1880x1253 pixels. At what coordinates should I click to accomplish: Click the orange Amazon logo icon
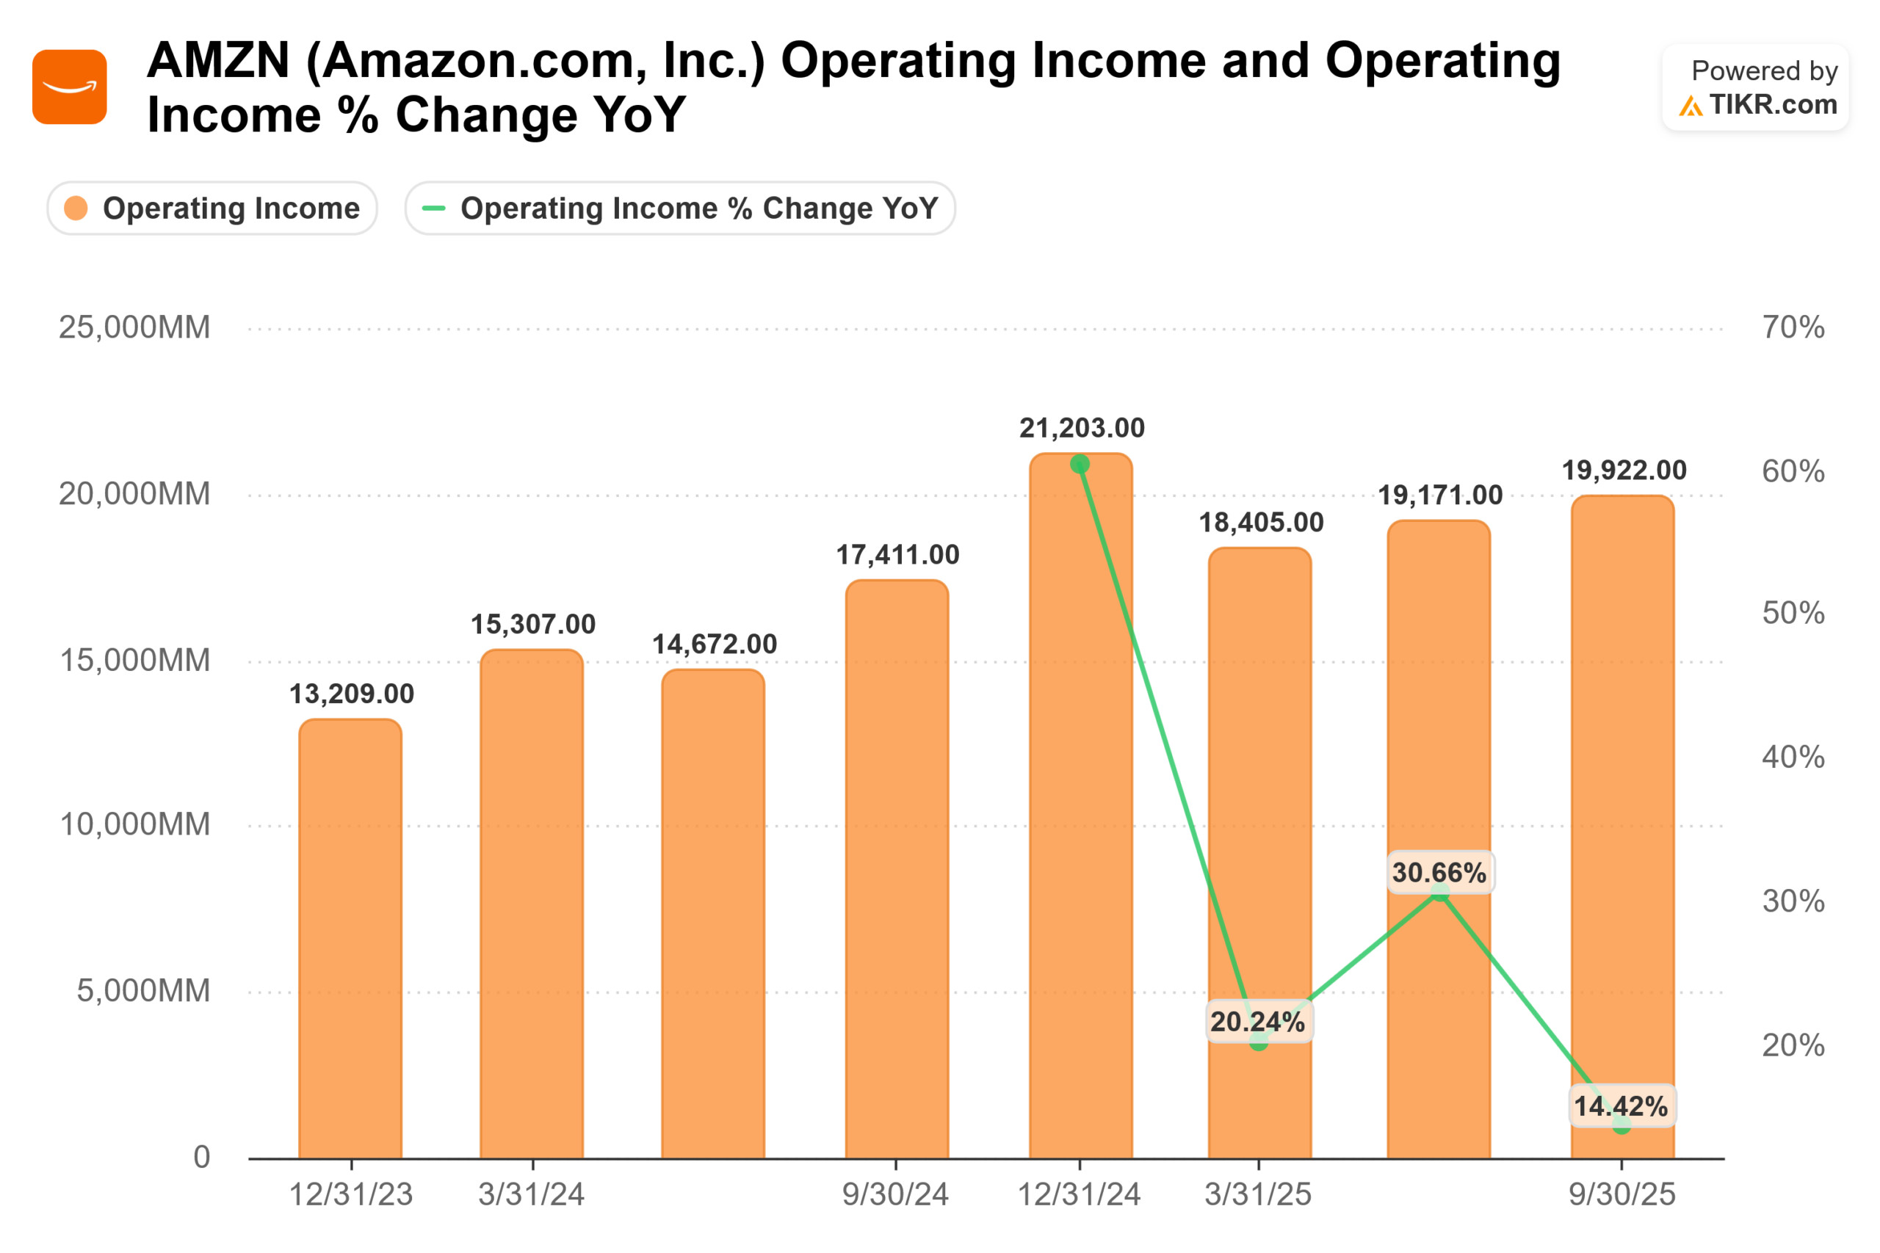70,87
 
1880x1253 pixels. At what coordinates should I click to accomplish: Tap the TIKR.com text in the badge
1773,105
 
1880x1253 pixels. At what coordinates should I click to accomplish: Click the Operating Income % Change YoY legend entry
680,208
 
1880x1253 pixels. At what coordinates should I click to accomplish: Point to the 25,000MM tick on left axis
134,327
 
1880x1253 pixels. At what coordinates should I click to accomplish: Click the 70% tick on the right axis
1793,327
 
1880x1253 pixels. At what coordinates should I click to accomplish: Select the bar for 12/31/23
350,938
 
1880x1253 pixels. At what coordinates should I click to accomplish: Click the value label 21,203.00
1082,429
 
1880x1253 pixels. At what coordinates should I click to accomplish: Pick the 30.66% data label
1439,873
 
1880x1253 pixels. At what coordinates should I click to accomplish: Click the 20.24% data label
1257,1022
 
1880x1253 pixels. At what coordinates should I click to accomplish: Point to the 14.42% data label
1620,1107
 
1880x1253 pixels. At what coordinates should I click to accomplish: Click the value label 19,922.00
1624,471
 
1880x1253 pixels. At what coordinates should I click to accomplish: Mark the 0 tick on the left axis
201,1157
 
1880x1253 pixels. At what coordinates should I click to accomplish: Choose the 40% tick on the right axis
1793,757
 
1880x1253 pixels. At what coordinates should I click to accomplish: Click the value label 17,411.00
897,555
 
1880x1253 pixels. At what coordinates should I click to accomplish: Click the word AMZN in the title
218,61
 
